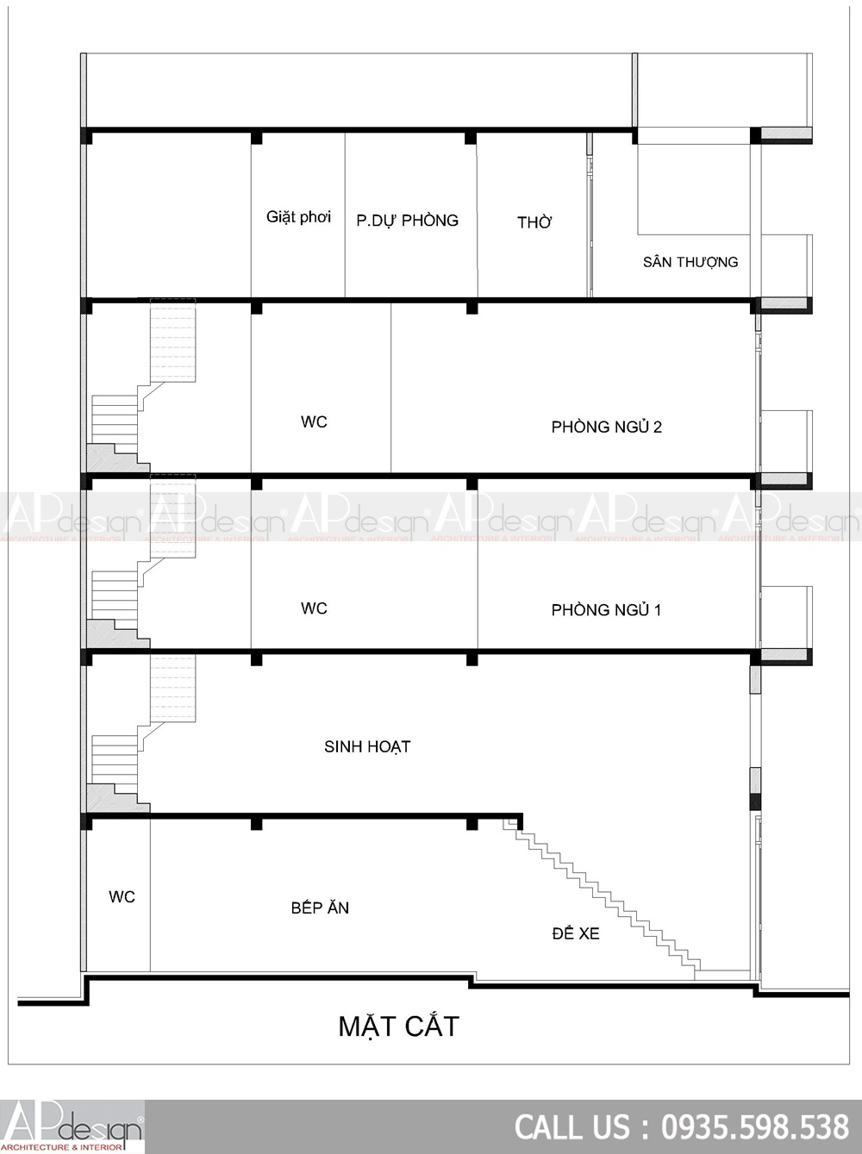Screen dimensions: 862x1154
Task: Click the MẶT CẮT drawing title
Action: pyautogui.click(x=399, y=1026)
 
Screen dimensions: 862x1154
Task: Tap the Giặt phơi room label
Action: pyautogui.click(x=298, y=217)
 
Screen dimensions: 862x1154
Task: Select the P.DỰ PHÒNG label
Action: pyautogui.click(x=408, y=220)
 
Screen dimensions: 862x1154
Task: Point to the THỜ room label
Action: pyautogui.click(x=534, y=222)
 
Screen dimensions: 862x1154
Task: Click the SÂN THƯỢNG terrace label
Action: pyautogui.click(x=690, y=262)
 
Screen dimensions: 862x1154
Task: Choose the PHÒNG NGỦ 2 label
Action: pyautogui.click(x=607, y=427)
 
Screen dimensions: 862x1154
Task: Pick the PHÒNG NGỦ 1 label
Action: pyautogui.click(x=606, y=609)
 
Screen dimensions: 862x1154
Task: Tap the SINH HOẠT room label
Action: pyautogui.click(x=367, y=746)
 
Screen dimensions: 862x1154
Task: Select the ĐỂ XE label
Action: pyautogui.click(x=576, y=933)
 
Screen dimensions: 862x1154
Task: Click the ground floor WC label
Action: pyautogui.click(x=122, y=896)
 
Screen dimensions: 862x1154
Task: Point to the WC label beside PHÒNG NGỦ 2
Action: pyautogui.click(x=314, y=421)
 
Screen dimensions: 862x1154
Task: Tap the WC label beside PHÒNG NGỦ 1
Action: pyautogui.click(x=314, y=608)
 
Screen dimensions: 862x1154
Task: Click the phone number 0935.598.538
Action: pyautogui.click(x=755, y=1127)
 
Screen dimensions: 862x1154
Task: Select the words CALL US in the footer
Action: pyautogui.click(x=572, y=1127)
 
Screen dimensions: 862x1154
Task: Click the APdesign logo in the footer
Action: pyautogui.click(x=72, y=1127)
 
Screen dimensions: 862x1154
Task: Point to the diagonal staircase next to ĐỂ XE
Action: pyautogui.click(x=602, y=900)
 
